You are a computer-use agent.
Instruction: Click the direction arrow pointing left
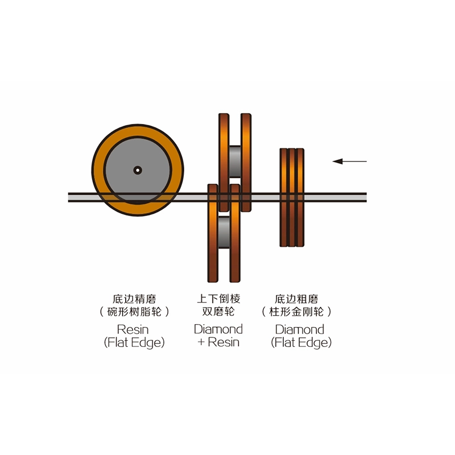(x=349, y=162)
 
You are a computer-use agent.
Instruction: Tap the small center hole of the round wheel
(x=138, y=170)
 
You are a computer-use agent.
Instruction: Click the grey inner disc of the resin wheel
(x=138, y=170)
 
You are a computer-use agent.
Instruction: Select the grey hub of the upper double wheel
(x=235, y=162)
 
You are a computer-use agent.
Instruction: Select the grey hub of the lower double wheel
(x=224, y=232)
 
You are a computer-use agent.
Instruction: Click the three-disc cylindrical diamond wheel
(x=292, y=197)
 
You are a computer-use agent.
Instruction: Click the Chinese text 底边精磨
(x=134, y=299)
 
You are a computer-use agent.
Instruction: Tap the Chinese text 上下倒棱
(x=218, y=299)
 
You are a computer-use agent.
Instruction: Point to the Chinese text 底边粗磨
(x=296, y=299)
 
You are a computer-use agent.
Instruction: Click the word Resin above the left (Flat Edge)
(x=133, y=330)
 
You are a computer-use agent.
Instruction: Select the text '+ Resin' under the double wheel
(x=218, y=342)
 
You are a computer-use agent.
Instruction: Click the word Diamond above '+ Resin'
(x=218, y=329)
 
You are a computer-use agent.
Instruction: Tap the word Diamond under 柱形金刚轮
(x=300, y=330)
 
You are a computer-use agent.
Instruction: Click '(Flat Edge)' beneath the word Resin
(x=134, y=343)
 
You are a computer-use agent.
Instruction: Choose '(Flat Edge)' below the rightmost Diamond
(x=301, y=343)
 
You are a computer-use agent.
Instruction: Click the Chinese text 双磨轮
(x=218, y=312)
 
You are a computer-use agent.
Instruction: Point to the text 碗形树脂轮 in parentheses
(x=134, y=312)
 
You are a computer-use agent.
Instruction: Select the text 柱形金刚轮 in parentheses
(x=296, y=312)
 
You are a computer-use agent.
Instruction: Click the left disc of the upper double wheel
(x=224, y=163)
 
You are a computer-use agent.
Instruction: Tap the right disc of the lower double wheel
(x=235, y=233)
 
